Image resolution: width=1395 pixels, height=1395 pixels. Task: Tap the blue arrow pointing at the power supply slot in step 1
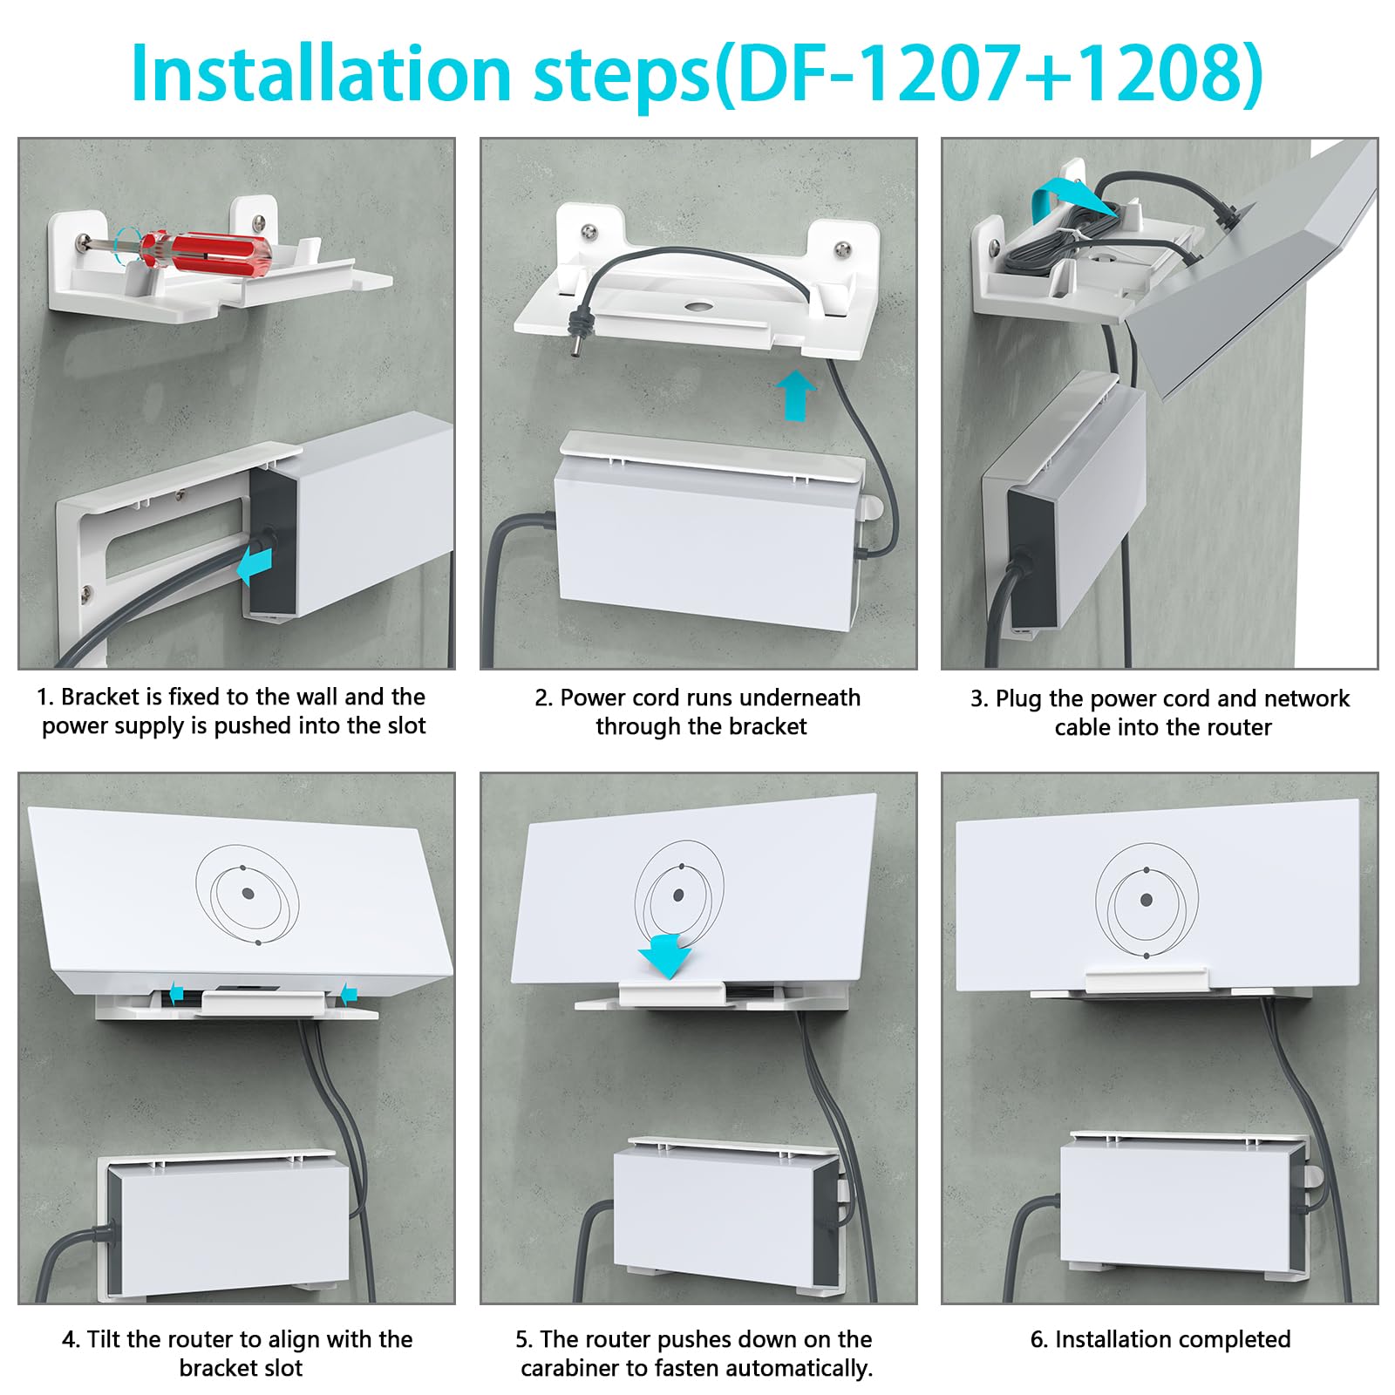click(254, 565)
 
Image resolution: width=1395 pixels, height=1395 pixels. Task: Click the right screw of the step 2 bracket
click(843, 249)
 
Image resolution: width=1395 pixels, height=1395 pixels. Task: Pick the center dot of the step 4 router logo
click(248, 894)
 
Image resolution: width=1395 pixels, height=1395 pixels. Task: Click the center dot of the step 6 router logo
click(1146, 900)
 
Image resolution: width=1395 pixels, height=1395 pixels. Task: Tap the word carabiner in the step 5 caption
click(571, 1368)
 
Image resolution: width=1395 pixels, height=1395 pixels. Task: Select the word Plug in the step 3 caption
click(1019, 698)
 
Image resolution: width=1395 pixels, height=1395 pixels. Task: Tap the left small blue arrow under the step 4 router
click(176, 992)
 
